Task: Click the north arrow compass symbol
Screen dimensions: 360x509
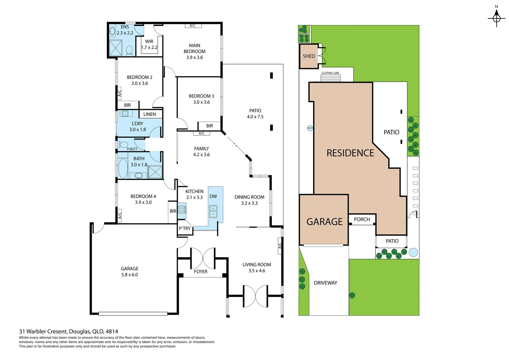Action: (496, 18)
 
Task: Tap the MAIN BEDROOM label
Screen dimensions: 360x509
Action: (195, 48)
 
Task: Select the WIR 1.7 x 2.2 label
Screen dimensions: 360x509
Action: (149, 45)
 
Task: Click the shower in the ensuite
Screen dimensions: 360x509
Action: (116, 48)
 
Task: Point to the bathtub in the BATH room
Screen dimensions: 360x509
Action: (123, 168)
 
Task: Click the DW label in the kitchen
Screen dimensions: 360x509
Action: (213, 196)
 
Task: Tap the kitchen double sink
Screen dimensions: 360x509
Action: (213, 211)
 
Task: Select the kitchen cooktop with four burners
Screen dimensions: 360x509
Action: (182, 210)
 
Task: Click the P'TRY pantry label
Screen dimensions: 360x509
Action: (185, 228)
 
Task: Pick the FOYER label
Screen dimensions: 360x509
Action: (201, 272)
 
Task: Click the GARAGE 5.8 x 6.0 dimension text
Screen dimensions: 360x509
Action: (130, 275)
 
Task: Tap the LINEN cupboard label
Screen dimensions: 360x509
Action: (150, 114)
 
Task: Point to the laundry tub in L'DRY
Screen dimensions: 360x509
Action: (125, 114)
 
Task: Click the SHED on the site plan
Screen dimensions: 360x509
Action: (309, 56)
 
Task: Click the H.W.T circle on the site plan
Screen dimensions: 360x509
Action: (310, 128)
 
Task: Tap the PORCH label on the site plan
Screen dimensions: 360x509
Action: (362, 219)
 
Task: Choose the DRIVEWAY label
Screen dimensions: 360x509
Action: (325, 283)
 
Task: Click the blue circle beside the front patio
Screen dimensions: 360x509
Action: (413, 252)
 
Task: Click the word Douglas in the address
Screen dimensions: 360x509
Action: (79, 331)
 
